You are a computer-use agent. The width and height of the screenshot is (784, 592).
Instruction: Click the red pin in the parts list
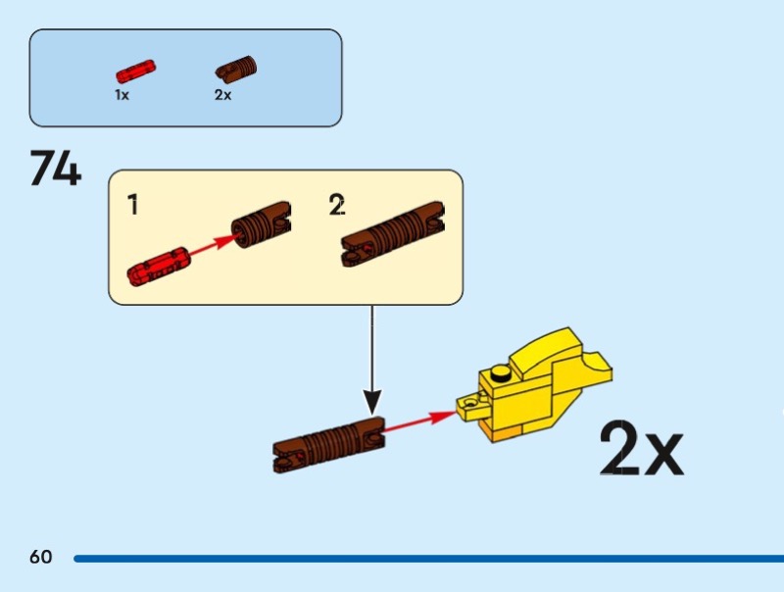[x=137, y=73]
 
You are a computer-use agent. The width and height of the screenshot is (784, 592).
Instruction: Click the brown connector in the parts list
[x=237, y=70]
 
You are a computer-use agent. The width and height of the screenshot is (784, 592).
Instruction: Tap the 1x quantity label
[x=122, y=95]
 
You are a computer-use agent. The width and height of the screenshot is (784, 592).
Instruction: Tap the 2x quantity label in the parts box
[x=222, y=95]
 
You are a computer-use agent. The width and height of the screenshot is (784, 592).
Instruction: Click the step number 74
[x=56, y=169]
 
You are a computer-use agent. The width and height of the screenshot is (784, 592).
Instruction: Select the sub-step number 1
[x=132, y=206]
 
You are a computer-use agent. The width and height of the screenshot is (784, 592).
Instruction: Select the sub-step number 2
[x=337, y=206]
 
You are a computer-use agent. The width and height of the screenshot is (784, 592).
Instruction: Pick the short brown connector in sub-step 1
[x=261, y=226]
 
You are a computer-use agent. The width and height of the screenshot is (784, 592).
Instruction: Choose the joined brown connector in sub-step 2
[x=393, y=234]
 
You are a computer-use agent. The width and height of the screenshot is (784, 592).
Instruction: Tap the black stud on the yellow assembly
[x=501, y=371]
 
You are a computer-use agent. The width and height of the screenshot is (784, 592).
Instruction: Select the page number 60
[x=40, y=558]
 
